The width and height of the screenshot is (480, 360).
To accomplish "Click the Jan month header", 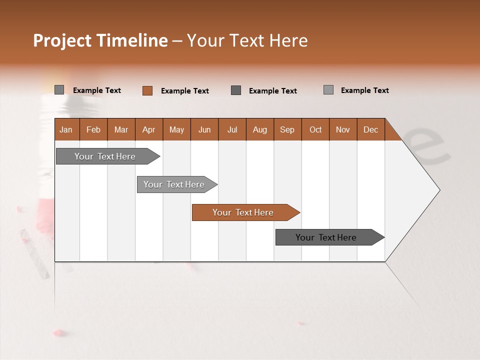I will pyautogui.click(x=66, y=129).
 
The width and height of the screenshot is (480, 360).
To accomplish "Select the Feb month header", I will pyautogui.click(x=93, y=129).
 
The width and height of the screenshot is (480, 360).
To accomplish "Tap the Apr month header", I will pyautogui.click(x=148, y=129).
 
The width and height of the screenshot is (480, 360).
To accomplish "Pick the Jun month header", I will pyautogui.click(x=204, y=129).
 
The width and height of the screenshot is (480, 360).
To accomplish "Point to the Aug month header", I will pyautogui.click(x=259, y=129).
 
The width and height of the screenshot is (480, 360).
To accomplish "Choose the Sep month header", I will pyautogui.click(x=287, y=129).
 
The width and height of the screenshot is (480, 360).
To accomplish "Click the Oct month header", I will pyautogui.click(x=315, y=129).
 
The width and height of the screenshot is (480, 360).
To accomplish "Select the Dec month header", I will pyautogui.click(x=370, y=129).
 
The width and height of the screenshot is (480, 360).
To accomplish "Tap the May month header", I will pyautogui.click(x=176, y=129).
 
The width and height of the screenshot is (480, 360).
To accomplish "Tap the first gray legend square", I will pyautogui.click(x=59, y=90).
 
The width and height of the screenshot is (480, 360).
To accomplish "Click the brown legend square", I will pyautogui.click(x=147, y=90).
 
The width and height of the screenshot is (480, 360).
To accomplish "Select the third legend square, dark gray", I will pyautogui.click(x=236, y=90).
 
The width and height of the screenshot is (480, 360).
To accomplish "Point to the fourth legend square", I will pyautogui.click(x=328, y=90).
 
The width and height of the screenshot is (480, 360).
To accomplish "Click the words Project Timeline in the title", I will pyautogui.click(x=100, y=40).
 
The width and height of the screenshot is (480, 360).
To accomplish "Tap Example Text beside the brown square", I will pyautogui.click(x=184, y=91).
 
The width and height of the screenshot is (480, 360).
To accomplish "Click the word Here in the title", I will pyautogui.click(x=288, y=40).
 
